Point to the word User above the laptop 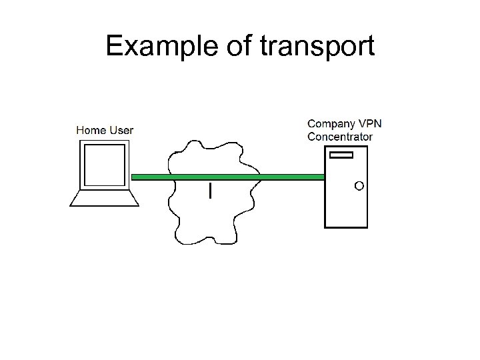[121, 130]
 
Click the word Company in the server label [331, 124]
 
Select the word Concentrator [340, 137]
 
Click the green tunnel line [227, 177]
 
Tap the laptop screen [103, 165]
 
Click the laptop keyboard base [103, 199]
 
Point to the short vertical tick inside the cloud [211, 191]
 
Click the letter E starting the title [113, 46]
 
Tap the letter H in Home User [79, 130]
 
